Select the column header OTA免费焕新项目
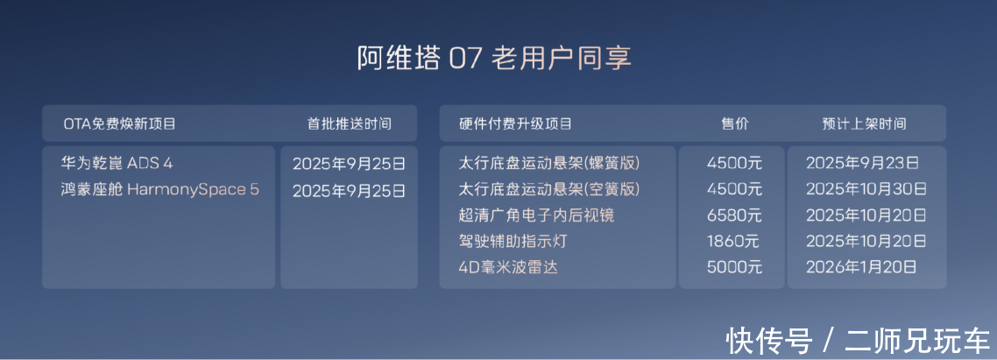click(x=119, y=124)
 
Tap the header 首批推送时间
click(x=350, y=124)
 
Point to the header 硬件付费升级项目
click(x=516, y=124)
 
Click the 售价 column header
click(x=735, y=124)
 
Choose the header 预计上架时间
click(x=864, y=124)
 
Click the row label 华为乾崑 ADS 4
click(x=117, y=164)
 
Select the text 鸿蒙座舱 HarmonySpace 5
click(x=160, y=189)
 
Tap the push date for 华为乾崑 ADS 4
click(x=349, y=164)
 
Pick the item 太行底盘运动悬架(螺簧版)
click(x=549, y=164)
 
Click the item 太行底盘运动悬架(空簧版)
click(x=549, y=189)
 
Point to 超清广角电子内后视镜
click(x=537, y=215)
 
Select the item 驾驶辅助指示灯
click(x=513, y=242)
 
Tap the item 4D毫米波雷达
click(x=508, y=267)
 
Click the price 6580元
click(x=734, y=215)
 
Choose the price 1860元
click(x=734, y=242)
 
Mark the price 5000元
click(x=734, y=267)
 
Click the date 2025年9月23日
click(x=863, y=164)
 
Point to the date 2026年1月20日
click(x=861, y=267)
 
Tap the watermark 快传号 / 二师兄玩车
click(x=859, y=341)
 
